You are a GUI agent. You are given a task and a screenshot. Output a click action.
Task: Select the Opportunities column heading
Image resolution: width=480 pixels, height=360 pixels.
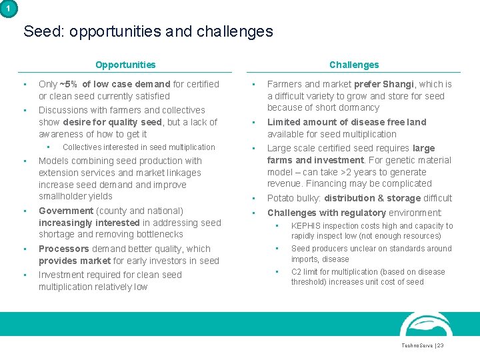(125, 65)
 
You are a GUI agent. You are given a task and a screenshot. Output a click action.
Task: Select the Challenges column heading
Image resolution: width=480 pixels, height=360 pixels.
(354, 65)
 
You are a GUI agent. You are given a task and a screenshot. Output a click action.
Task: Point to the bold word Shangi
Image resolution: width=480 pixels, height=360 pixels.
(397, 84)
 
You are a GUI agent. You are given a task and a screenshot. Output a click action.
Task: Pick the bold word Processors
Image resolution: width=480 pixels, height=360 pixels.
(63, 249)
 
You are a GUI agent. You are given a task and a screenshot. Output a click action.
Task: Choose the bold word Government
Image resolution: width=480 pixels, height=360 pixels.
(66, 211)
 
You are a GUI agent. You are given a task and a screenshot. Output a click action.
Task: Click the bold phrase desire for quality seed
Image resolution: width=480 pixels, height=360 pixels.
(112, 122)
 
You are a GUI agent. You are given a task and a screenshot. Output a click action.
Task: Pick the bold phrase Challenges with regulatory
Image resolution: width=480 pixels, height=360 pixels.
(327, 213)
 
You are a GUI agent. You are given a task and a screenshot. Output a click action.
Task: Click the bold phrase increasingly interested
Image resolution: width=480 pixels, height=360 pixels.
(89, 223)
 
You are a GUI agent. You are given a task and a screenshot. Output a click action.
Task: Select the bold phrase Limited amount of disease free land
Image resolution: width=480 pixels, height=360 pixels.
(347, 122)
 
